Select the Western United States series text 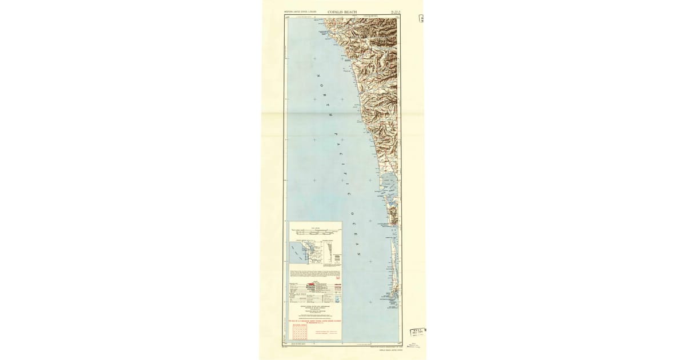coord(301,11)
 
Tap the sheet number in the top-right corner coord(394,11)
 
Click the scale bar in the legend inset coord(315,231)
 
